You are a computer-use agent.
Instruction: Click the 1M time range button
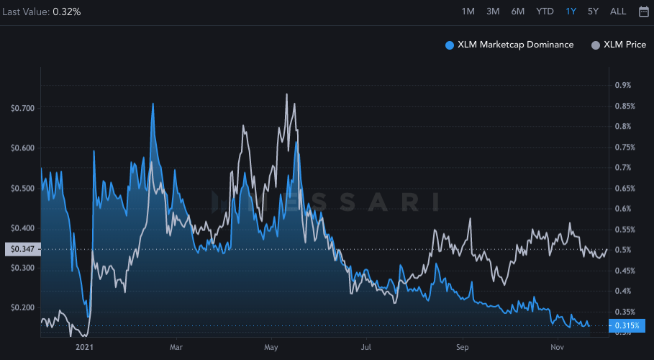click(x=468, y=11)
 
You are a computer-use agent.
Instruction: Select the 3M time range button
click(x=493, y=11)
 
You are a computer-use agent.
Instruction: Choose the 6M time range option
click(x=518, y=11)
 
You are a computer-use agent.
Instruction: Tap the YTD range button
click(x=545, y=11)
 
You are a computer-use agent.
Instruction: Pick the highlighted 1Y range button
click(x=571, y=11)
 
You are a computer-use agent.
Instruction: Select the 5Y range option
click(x=593, y=11)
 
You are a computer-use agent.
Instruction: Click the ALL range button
click(x=618, y=11)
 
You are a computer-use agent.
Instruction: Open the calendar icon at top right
click(x=643, y=11)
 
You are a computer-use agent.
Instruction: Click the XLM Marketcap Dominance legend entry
click(x=510, y=45)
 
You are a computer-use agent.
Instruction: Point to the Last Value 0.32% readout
click(x=40, y=12)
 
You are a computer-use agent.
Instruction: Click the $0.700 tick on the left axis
click(x=22, y=108)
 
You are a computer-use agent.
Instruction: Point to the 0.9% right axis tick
click(x=623, y=85)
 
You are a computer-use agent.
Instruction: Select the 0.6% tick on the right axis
click(x=623, y=209)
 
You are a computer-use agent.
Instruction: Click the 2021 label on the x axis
click(x=84, y=346)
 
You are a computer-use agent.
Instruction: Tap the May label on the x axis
click(x=271, y=346)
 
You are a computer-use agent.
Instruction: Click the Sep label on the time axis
click(x=462, y=346)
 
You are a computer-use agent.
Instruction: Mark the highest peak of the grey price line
click(x=287, y=94)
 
